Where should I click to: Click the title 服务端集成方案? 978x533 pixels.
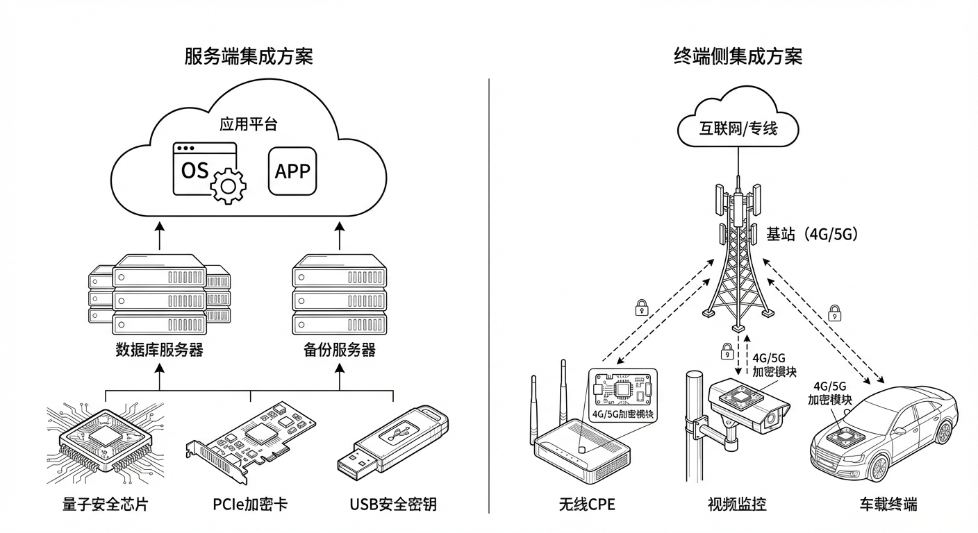(x=249, y=56)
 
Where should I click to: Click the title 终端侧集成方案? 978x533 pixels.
(x=738, y=56)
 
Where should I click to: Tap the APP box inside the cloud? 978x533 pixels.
(x=292, y=171)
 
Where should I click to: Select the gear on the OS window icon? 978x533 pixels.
(x=228, y=185)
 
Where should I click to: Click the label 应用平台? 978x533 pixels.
(x=249, y=124)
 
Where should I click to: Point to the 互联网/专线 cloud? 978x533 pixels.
(x=738, y=128)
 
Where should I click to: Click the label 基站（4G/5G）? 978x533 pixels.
(x=812, y=235)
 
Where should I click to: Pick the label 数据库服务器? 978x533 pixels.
(x=159, y=349)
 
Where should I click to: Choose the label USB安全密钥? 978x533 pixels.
(x=392, y=504)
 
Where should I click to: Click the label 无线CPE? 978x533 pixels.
(x=587, y=504)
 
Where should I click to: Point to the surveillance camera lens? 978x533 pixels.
(x=772, y=418)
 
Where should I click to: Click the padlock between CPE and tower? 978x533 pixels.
(x=642, y=307)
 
